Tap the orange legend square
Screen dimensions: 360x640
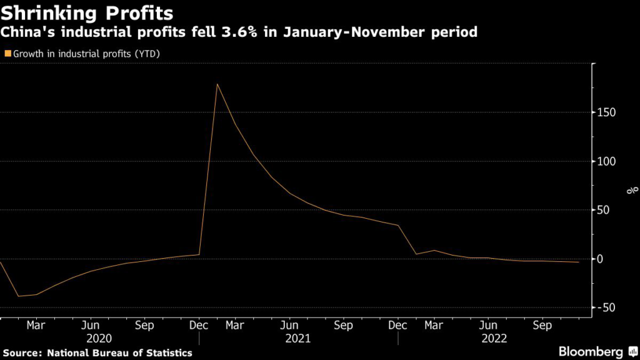point(7,54)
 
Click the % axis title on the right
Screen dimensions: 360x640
point(632,189)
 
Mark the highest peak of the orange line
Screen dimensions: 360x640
point(217,84)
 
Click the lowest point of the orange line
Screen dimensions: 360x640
point(19,296)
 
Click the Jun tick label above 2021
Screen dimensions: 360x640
point(289,326)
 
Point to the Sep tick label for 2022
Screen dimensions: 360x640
point(542,326)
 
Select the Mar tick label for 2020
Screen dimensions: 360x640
point(36,326)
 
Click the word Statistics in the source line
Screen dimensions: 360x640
point(169,352)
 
